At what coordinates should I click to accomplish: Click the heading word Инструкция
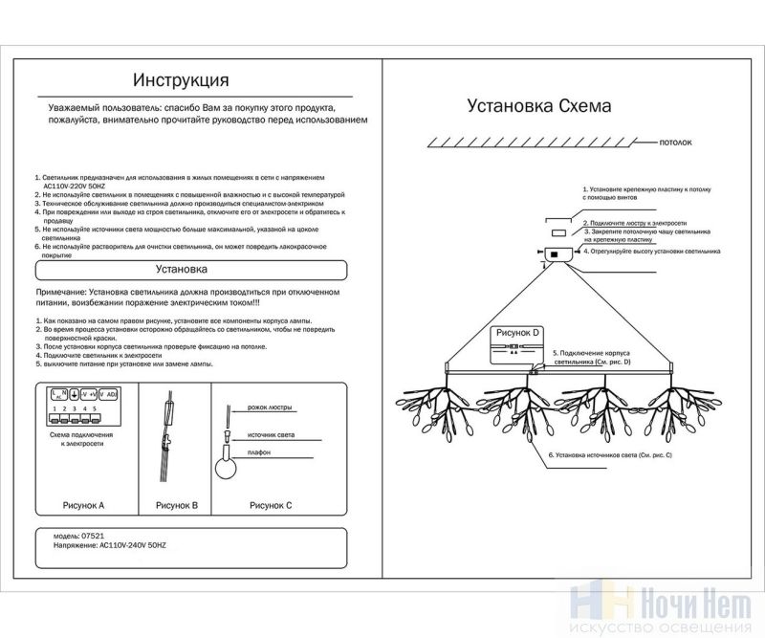pos(181,77)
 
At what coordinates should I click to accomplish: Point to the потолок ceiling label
pos(675,142)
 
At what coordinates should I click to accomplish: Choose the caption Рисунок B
pos(175,504)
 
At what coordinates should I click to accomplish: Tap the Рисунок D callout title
pos(515,332)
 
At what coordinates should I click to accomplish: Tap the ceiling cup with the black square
pos(556,253)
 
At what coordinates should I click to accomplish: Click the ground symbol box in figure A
pos(74,393)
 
